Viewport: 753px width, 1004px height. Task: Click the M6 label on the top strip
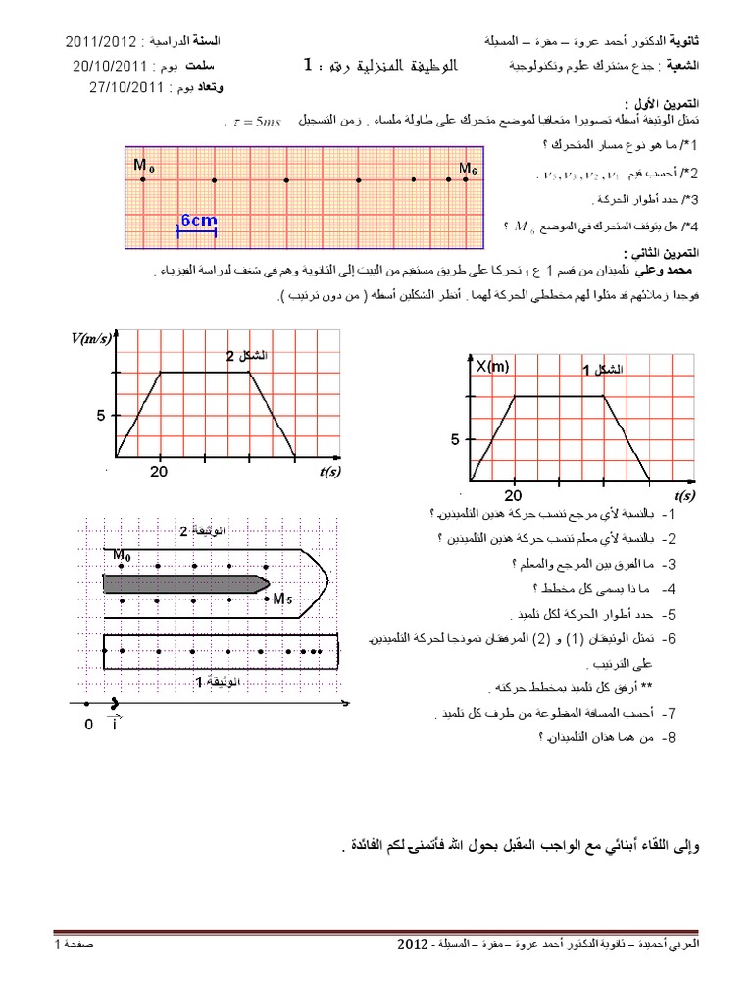[x=469, y=170]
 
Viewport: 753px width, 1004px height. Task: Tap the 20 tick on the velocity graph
[x=159, y=472]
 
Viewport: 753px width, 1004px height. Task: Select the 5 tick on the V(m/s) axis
[x=100, y=416]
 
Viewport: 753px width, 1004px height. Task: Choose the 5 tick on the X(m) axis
[x=455, y=440]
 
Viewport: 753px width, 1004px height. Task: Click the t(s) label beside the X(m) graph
[x=684, y=496]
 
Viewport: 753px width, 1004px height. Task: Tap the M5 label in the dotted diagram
[x=281, y=598]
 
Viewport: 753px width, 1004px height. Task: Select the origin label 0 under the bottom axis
[x=88, y=724]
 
